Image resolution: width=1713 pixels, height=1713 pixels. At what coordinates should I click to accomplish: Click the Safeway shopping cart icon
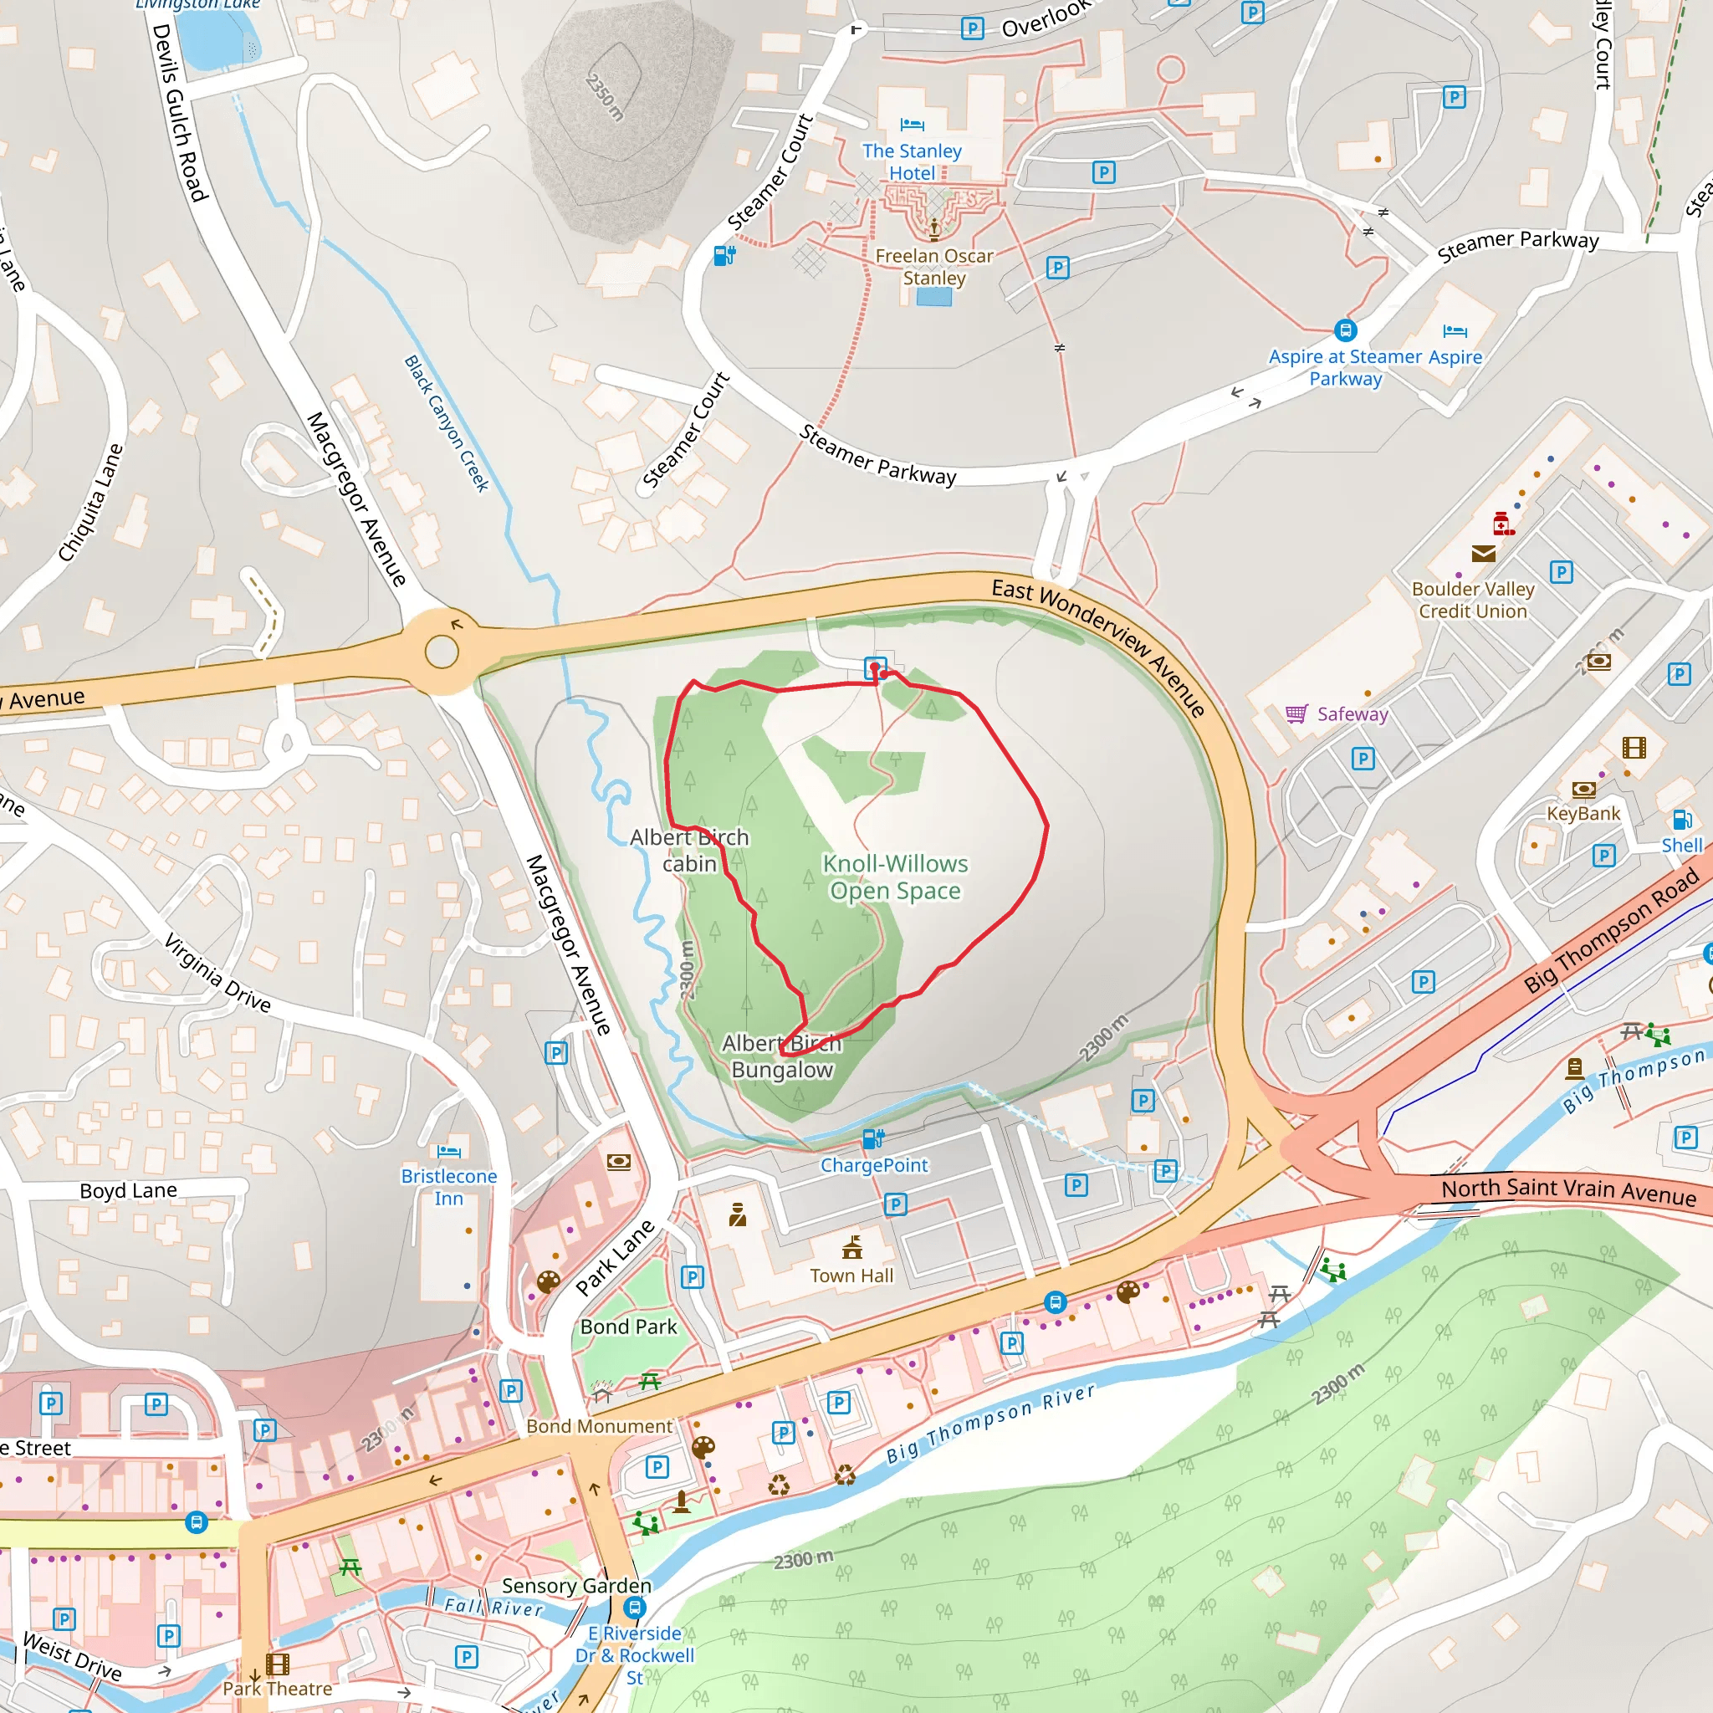pos(1296,713)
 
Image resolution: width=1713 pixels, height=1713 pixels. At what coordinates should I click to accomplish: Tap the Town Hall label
pos(851,1276)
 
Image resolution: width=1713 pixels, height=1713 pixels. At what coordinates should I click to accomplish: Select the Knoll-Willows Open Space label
pos(895,877)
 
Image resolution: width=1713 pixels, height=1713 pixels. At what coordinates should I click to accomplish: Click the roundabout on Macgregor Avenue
pos(442,652)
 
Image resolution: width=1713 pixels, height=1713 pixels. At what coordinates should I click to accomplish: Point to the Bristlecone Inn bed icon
pos(449,1152)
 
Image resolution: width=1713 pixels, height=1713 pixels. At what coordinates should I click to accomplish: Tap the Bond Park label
pos(628,1327)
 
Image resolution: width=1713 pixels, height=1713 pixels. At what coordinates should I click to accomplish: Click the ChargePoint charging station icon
pos(872,1138)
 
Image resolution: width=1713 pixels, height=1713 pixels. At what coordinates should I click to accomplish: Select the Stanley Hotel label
pos(912,162)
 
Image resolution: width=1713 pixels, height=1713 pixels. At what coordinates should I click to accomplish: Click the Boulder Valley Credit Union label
pos(1473,601)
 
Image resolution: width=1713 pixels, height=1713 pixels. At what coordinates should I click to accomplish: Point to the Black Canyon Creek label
pos(447,424)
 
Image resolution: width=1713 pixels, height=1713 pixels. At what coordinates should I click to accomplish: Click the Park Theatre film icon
pos(278,1664)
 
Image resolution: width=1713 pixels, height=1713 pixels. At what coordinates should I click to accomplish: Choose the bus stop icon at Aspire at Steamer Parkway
pos(1345,330)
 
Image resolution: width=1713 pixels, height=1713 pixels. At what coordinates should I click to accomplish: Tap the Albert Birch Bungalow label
pos(781,1056)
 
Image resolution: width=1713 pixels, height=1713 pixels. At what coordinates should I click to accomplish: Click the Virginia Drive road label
pos(217,973)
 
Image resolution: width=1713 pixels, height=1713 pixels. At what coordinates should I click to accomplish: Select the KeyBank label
pos(1583,813)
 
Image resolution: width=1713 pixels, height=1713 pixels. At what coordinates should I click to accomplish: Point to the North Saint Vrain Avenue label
pos(1567,1191)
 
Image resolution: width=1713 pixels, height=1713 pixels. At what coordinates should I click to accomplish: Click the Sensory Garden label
pos(576,1585)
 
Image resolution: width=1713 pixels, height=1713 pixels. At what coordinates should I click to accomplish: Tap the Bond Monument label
pos(600,1426)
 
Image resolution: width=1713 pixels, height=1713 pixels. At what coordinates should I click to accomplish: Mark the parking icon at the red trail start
pos(875,667)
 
